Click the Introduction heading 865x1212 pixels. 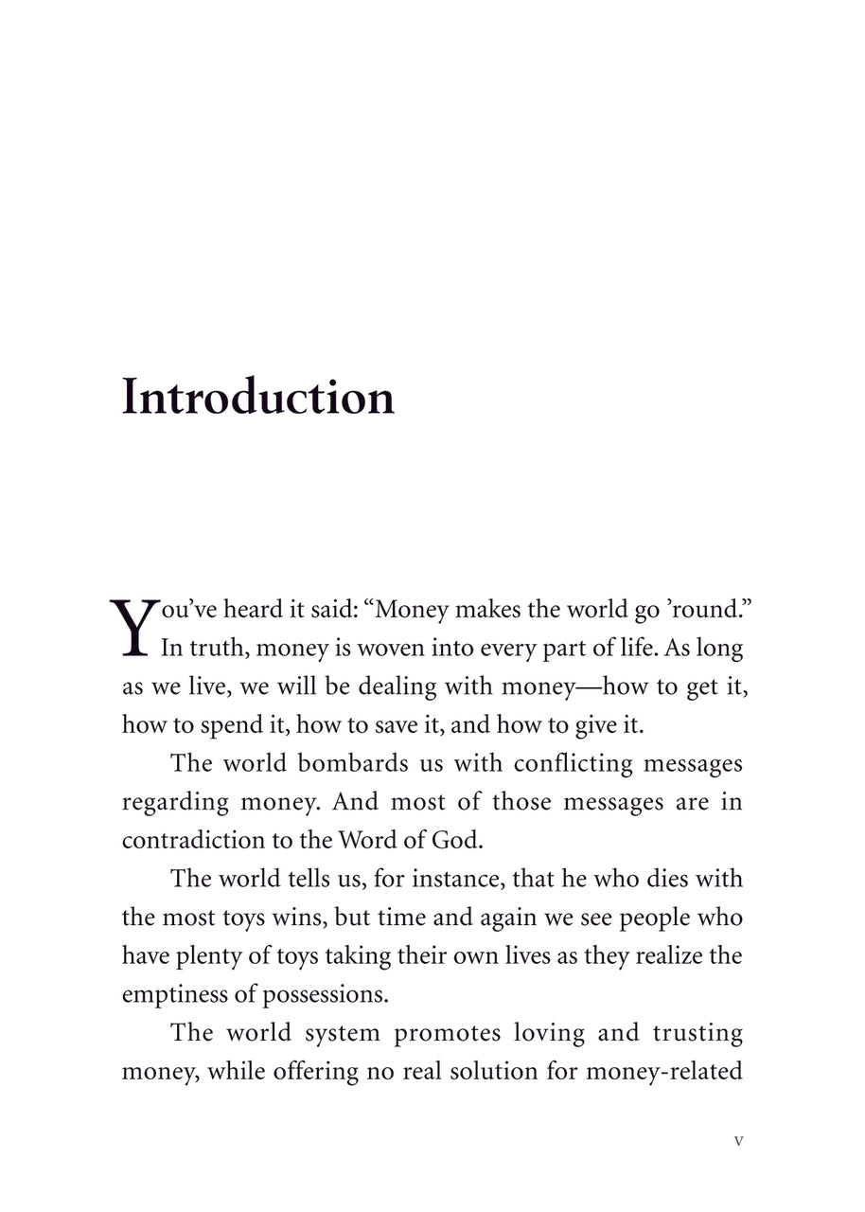pyautogui.click(x=257, y=398)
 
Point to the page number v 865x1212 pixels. pyautogui.click(x=738, y=1141)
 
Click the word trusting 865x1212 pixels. pyautogui.click(x=696, y=1033)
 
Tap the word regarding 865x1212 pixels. pyautogui.click(x=175, y=803)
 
